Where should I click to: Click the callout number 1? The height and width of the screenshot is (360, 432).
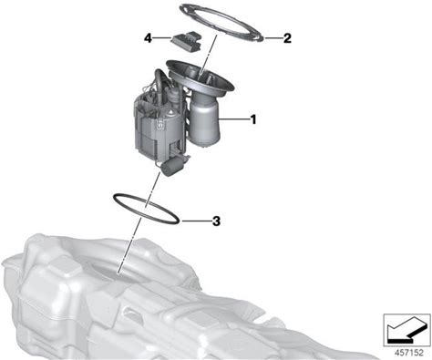253,119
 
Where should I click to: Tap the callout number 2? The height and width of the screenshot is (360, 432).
287,38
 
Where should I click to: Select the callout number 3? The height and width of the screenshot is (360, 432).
216,221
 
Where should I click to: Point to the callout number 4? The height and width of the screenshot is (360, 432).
148,38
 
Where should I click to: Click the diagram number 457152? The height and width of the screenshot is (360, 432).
408,353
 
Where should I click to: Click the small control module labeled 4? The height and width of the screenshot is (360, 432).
186,41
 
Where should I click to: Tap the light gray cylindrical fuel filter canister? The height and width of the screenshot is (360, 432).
203,120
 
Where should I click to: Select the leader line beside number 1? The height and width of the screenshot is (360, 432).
234,119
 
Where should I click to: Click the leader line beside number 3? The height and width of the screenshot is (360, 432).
195,221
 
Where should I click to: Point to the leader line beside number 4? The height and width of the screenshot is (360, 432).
162,38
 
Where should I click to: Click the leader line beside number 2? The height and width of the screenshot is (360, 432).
272,38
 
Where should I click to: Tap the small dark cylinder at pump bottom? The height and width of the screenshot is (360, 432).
173,168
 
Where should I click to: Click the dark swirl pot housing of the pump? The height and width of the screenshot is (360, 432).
151,128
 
